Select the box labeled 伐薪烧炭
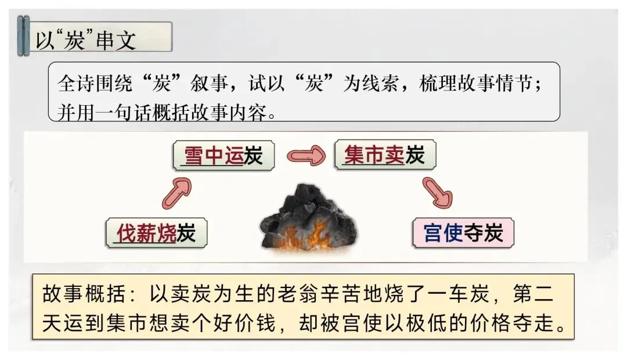[156, 233]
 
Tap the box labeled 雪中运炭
[224, 156]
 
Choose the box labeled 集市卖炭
[384, 156]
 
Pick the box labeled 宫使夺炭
[463, 234]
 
